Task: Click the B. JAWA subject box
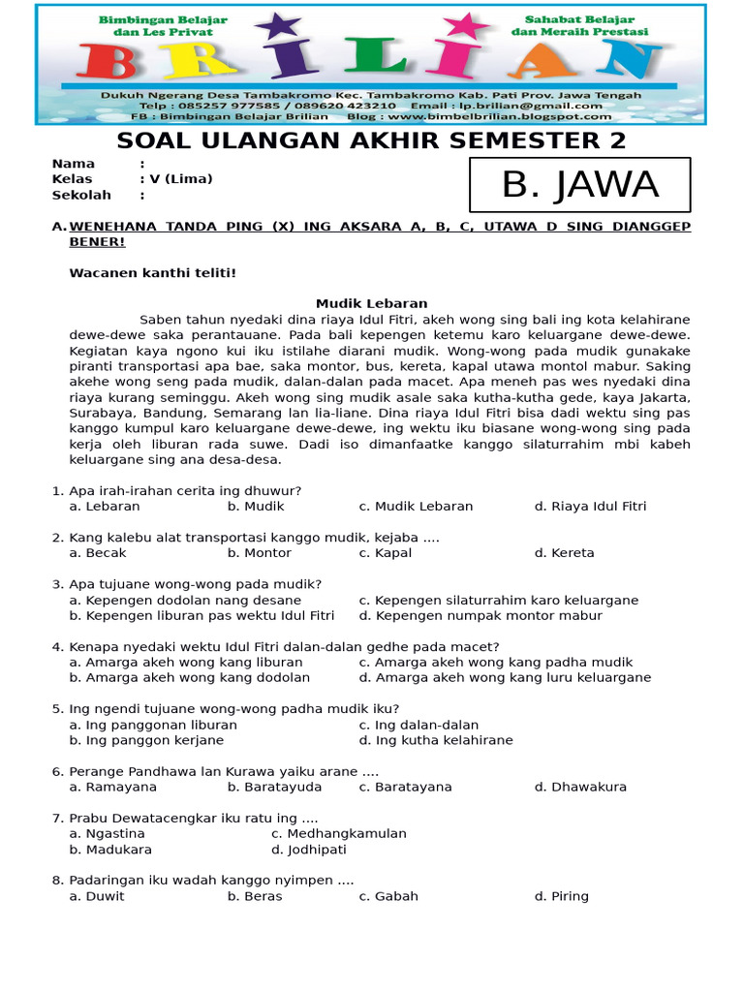point(579,184)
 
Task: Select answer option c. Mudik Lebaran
point(416,506)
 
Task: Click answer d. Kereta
point(564,553)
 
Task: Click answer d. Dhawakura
point(579,787)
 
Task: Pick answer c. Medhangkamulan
point(339,834)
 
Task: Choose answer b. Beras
point(255,896)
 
